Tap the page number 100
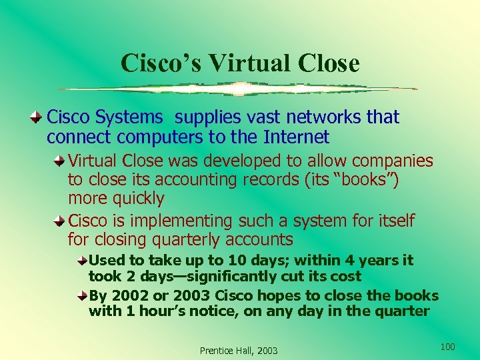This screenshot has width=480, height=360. coord(448,346)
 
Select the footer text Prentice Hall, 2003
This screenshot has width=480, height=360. coord(239,351)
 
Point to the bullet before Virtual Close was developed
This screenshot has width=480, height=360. coord(61,161)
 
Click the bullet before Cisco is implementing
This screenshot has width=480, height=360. coord(61,221)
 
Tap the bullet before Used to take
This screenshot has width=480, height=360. coord(82,260)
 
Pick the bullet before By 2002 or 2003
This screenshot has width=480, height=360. coord(82,295)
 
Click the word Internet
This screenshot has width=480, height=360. coord(297,137)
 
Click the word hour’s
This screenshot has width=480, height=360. coord(161,311)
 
